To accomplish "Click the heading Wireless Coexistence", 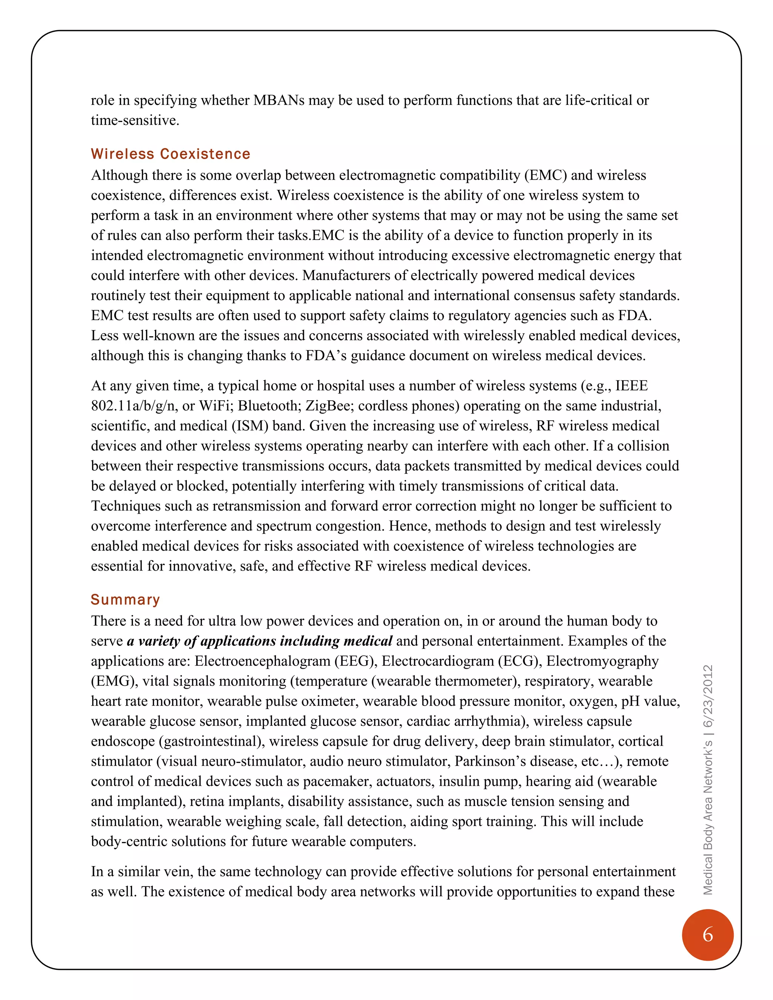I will coord(170,154).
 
